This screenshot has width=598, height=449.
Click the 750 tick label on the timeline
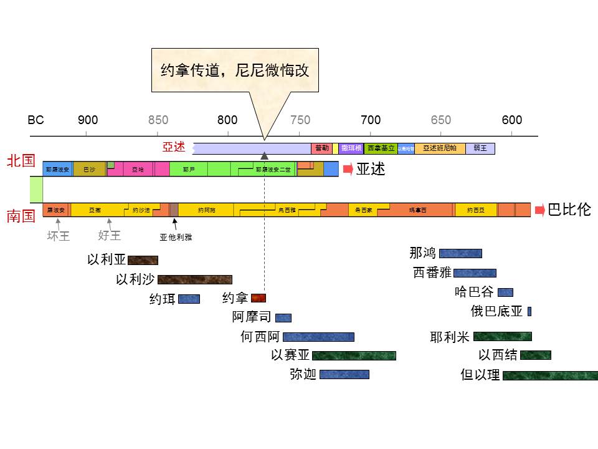pyautogui.click(x=300, y=120)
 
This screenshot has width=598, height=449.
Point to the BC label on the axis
pyautogui.click(x=36, y=120)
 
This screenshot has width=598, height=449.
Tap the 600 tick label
pyautogui.click(x=512, y=120)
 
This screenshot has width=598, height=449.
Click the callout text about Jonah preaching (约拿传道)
pyautogui.click(x=235, y=70)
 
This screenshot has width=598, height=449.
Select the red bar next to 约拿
pyautogui.click(x=259, y=298)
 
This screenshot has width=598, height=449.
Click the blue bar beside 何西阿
pyautogui.click(x=318, y=337)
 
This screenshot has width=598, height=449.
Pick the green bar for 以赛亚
pyautogui.click(x=354, y=355)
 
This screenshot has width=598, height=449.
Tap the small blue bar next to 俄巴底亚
pyautogui.click(x=529, y=311)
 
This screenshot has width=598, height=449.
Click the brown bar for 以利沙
pyautogui.click(x=194, y=279)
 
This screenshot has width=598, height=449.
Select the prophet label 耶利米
pyautogui.click(x=449, y=337)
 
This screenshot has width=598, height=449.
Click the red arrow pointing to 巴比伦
pyautogui.click(x=540, y=210)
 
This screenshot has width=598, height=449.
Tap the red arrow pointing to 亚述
pyautogui.click(x=348, y=169)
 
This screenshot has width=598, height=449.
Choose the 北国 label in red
pyautogui.click(x=21, y=162)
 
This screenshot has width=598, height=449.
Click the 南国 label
pyautogui.click(x=21, y=216)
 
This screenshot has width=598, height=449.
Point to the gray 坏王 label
pyautogui.click(x=59, y=236)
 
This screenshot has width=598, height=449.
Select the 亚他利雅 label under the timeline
pyautogui.click(x=176, y=237)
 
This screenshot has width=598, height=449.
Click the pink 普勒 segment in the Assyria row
pyautogui.click(x=321, y=148)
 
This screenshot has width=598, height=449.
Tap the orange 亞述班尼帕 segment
pyautogui.click(x=440, y=148)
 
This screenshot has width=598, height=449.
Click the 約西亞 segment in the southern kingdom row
pyautogui.click(x=476, y=210)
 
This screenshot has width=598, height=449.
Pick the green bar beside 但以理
pyautogui.click(x=550, y=375)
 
